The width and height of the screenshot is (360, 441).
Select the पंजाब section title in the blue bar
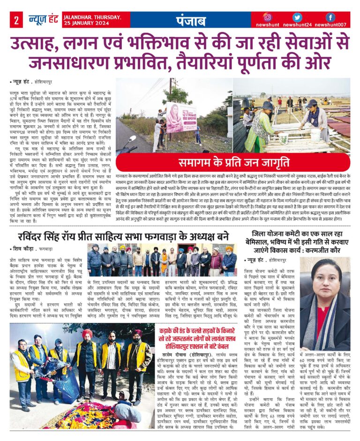click(190, 21)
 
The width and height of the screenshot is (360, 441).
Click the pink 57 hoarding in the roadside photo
click(181, 117)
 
